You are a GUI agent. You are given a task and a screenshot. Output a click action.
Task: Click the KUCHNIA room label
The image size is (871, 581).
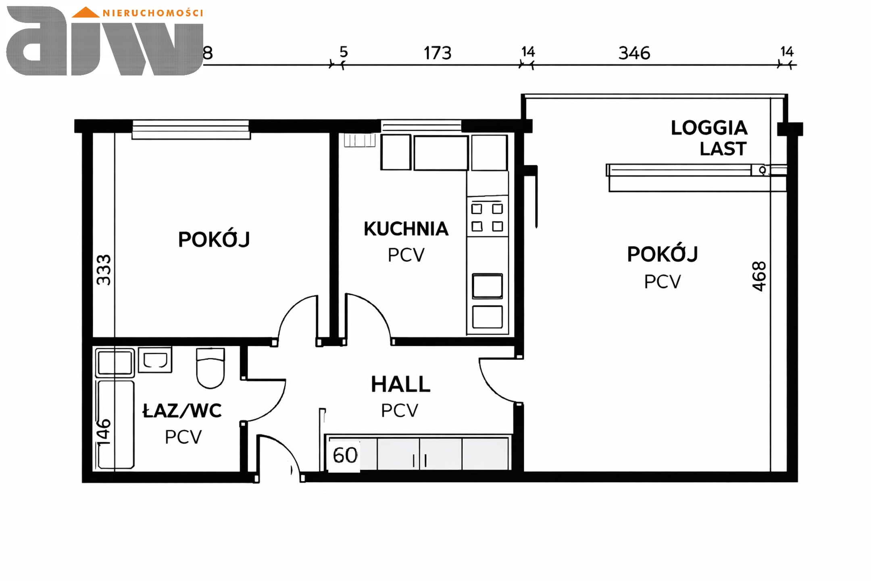(406, 229)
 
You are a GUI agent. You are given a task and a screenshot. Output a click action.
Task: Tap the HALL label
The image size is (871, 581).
(400, 384)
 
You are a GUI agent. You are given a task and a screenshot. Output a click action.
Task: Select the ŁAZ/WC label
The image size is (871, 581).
(182, 411)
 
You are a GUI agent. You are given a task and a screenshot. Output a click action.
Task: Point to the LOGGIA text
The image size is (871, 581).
(709, 128)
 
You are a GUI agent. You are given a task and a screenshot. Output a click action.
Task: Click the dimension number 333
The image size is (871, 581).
(104, 270)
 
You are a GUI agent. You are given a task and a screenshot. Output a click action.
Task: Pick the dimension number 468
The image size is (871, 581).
(759, 276)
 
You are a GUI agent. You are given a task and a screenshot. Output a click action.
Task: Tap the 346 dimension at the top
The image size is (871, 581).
(634, 53)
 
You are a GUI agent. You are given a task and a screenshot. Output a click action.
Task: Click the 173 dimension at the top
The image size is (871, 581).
(438, 53)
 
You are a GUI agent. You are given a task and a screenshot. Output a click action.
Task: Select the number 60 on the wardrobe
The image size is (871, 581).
(345, 455)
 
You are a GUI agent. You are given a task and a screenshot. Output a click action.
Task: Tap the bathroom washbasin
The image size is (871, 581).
(155, 359)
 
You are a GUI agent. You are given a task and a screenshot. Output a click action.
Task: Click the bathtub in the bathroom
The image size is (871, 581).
(115, 424)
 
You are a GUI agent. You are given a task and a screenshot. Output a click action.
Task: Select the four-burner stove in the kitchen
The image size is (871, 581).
(487, 217)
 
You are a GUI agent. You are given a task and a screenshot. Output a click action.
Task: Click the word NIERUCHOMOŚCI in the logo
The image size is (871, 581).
(153, 13)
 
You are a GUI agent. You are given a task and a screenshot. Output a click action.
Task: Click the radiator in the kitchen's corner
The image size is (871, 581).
(360, 140)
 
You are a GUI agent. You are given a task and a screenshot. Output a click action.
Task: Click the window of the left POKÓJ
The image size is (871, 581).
(191, 129)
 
